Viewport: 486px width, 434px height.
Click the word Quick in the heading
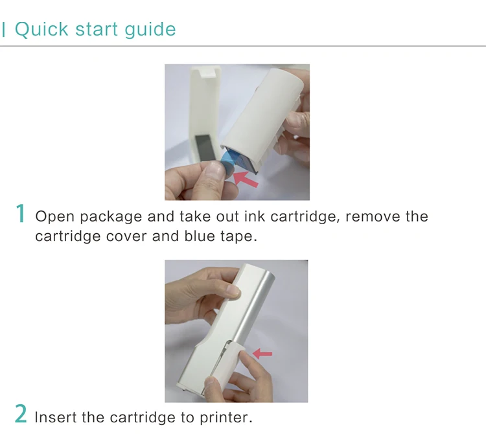[41, 29]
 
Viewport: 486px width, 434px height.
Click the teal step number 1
[21, 213]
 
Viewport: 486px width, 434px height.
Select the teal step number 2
[21, 413]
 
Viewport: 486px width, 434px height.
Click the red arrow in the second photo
[262, 354]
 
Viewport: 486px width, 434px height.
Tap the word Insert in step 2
[56, 417]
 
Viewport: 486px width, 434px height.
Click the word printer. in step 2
[226, 418]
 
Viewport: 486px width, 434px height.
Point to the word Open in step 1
[55, 216]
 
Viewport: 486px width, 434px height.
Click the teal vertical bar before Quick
[3, 29]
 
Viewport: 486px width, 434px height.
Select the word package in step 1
[111, 217]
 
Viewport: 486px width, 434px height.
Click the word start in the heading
[97, 29]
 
